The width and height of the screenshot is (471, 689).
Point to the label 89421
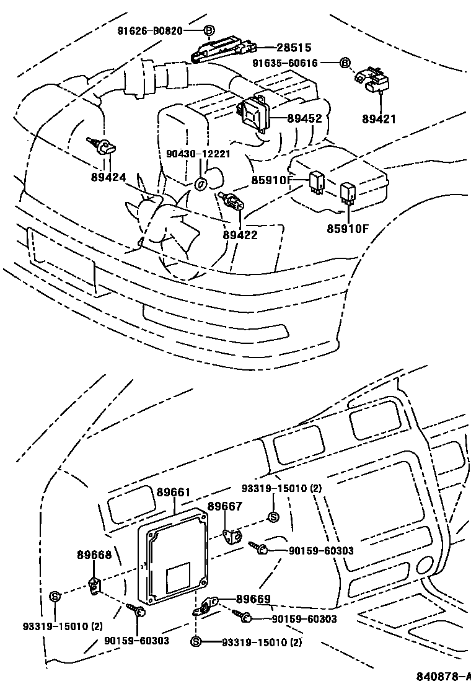379,119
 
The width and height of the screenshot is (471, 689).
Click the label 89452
304,118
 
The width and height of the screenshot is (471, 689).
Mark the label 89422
240,235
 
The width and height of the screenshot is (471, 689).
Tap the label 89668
94,555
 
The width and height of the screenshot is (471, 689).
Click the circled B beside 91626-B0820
209,30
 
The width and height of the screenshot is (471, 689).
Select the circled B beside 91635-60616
345,63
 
